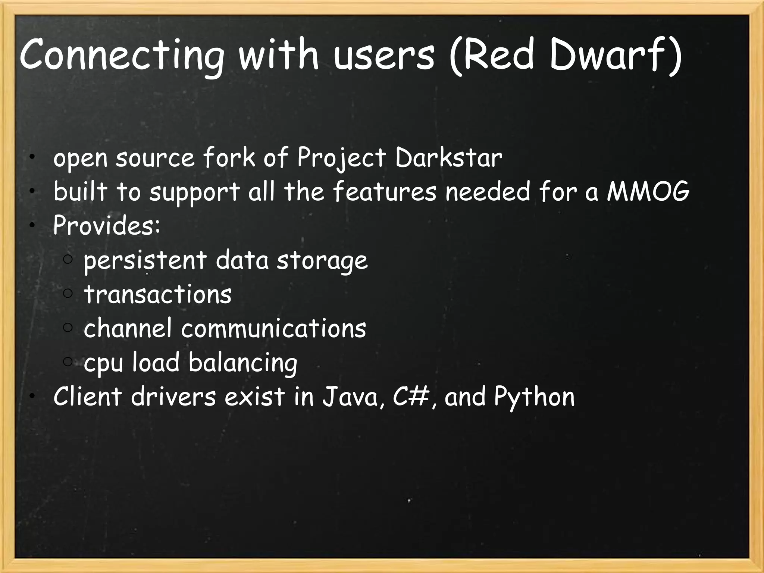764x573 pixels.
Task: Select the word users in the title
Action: point(384,58)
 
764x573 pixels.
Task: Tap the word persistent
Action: point(145,260)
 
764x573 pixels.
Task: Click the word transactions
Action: point(158,294)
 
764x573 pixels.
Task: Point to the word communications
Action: point(274,328)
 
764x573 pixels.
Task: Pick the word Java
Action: point(350,397)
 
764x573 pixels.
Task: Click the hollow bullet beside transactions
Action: point(68,294)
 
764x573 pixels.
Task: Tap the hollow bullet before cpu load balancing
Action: point(68,361)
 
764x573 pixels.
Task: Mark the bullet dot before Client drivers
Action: point(33,396)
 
